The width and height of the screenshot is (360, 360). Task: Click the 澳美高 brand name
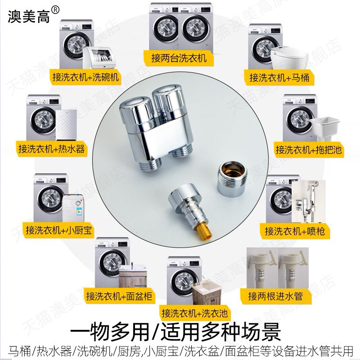(x=29, y=16)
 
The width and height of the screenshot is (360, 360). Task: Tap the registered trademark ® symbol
(x=55, y=10)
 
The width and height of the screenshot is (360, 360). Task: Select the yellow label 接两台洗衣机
(x=179, y=58)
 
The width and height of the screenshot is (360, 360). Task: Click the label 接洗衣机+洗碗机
(x=85, y=77)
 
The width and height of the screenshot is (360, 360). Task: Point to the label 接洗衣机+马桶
(x=279, y=77)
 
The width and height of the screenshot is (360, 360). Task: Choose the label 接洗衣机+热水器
(x=51, y=149)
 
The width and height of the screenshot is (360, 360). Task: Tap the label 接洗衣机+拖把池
(x=308, y=150)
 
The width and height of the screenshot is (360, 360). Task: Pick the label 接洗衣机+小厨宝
(x=58, y=230)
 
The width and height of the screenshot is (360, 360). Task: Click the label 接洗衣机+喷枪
(x=295, y=231)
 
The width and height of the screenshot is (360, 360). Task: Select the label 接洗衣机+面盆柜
(x=119, y=296)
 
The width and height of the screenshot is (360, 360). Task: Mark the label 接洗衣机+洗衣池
(x=194, y=313)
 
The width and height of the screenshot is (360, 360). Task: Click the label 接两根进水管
(x=275, y=296)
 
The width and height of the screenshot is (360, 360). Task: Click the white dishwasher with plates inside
(x=99, y=58)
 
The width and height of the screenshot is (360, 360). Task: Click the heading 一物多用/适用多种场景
(x=175, y=332)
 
